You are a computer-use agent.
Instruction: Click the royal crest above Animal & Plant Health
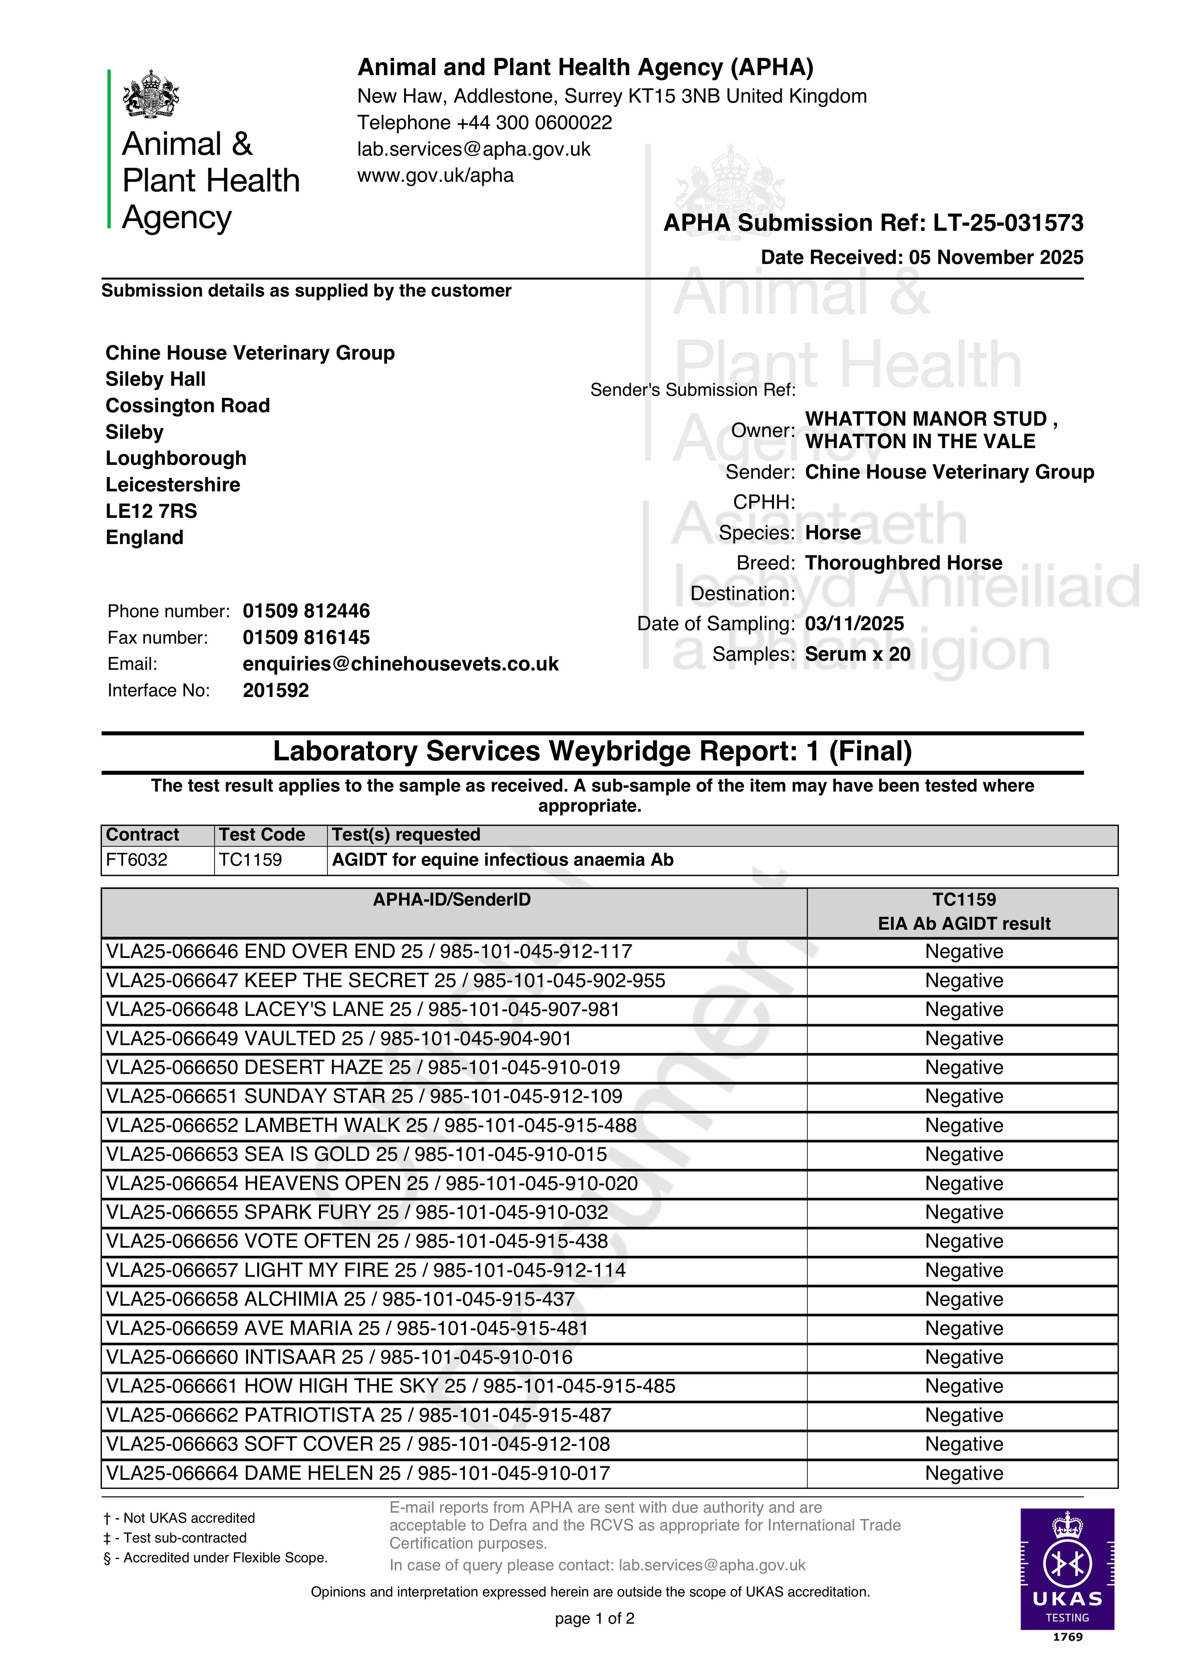click(x=151, y=94)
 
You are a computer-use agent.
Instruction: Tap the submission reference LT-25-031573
click(x=1008, y=223)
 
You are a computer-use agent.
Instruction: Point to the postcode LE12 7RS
click(x=151, y=511)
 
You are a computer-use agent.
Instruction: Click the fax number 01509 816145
click(x=306, y=638)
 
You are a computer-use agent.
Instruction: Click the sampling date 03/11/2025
click(x=854, y=624)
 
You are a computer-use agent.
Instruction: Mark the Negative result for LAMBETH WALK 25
click(x=964, y=1126)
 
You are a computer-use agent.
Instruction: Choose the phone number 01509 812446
click(x=306, y=611)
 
